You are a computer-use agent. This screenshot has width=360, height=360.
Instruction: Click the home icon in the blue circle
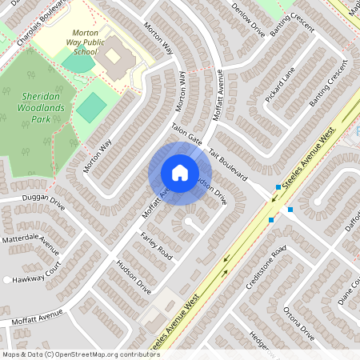(180, 173)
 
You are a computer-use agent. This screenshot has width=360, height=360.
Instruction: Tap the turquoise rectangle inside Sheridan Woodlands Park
(91, 106)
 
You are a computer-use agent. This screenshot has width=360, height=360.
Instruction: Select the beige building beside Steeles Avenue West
(163, 306)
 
